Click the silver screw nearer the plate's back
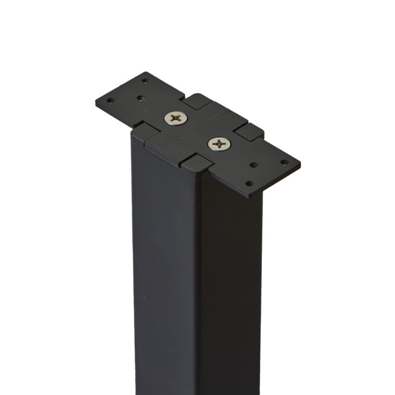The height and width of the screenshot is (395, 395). pyautogui.click(x=174, y=118)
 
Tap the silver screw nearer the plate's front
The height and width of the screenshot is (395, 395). pyautogui.click(x=220, y=143)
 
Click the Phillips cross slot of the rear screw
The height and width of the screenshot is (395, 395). pyautogui.click(x=174, y=118)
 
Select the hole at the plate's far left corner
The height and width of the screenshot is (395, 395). pyautogui.click(x=110, y=100)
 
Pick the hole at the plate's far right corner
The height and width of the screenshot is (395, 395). pyautogui.click(x=283, y=162)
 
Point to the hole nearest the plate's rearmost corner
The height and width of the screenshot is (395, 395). pyautogui.click(x=144, y=81)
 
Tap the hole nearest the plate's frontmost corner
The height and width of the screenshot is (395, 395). pyautogui.click(x=249, y=183)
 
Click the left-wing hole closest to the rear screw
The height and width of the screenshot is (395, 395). pyautogui.click(x=140, y=99)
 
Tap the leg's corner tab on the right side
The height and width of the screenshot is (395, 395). pyautogui.click(x=249, y=131)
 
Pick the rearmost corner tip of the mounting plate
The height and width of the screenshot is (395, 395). pyautogui.click(x=147, y=72)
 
